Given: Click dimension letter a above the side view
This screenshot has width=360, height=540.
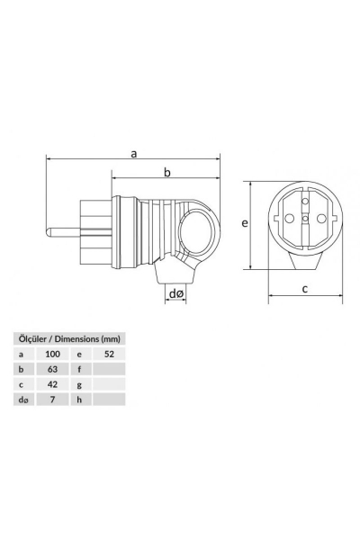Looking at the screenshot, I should click(x=133, y=154).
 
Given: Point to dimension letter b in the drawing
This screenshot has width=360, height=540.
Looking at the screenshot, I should click(x=166, y=172).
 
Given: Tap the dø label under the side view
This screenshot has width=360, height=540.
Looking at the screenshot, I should click(x=175, y=293).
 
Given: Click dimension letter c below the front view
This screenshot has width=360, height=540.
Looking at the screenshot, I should click(x=305, y=289).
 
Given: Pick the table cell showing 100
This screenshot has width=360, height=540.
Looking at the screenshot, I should click(x=52, y=354).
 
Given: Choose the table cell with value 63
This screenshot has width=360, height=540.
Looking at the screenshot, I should click(x=52, y=368).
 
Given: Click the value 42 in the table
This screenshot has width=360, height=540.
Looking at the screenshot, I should click(x=52, y=383).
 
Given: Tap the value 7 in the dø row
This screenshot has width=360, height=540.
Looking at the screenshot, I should click(x=52, y=398).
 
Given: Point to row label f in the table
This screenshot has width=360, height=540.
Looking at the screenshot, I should click(x=80, y=368).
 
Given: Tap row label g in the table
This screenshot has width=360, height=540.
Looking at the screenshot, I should click(x=80, y=383).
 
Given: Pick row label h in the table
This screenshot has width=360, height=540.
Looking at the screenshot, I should click(x=80, y=398).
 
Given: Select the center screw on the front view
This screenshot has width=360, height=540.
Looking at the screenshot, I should click(x=305, y=219).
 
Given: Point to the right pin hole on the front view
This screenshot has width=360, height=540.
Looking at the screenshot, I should click(x=320, y=219).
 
